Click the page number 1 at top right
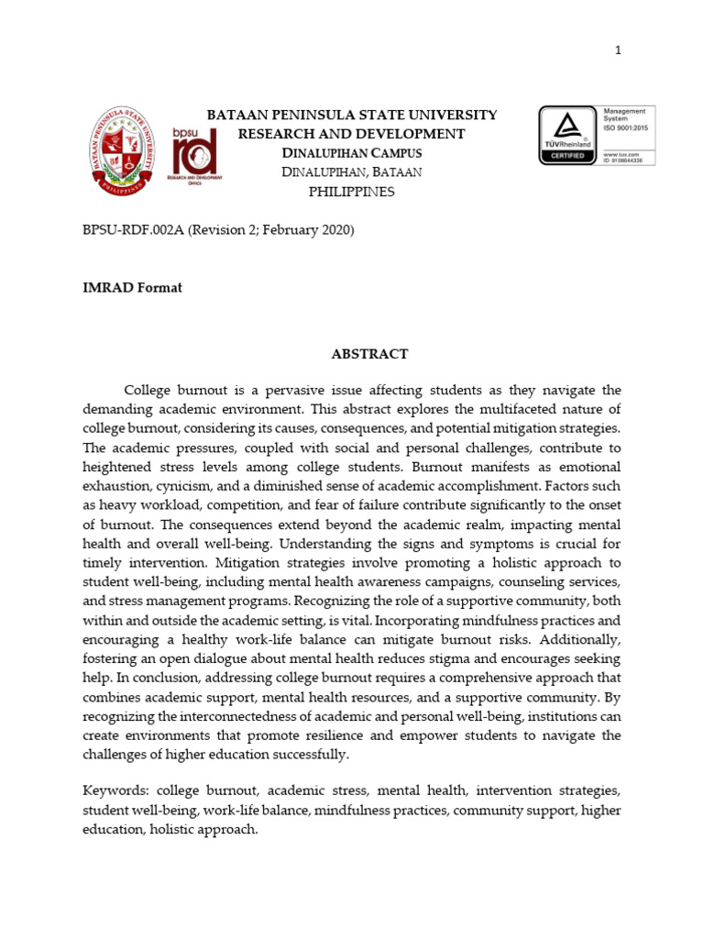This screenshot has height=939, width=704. (x=618, y=50)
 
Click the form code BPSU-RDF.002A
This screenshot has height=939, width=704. (x=134, y=230)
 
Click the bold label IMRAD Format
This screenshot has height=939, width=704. (x=132, y=288)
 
